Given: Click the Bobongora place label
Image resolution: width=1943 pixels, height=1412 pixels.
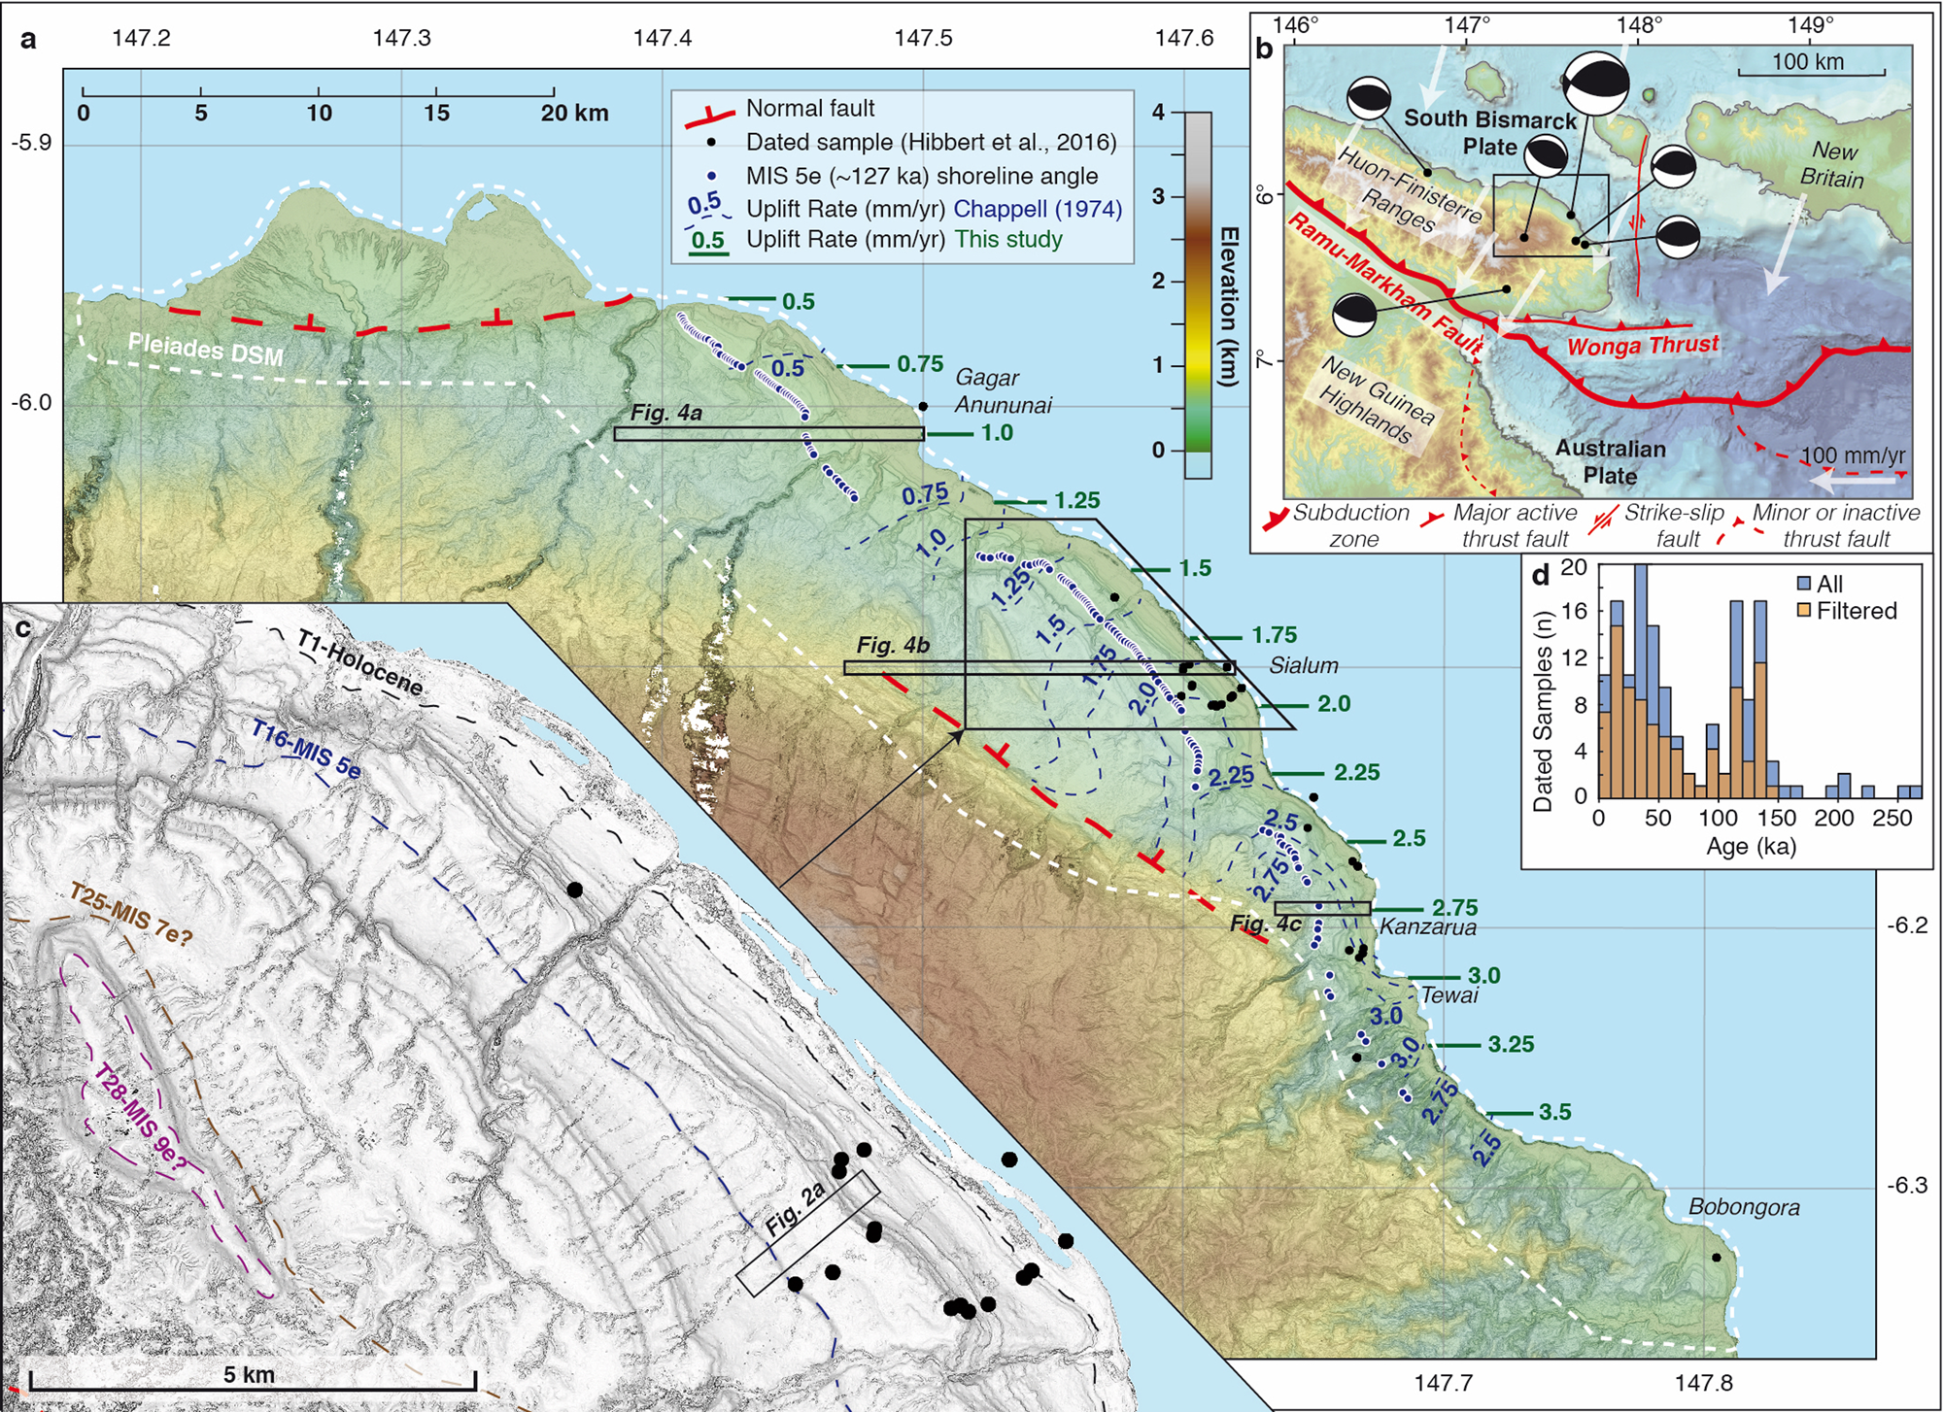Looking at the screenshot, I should (1744, 1207).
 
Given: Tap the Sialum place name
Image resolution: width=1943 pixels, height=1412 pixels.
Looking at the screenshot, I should (1303, 665).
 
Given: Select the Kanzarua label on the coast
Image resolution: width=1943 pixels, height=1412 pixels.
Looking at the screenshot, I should (1427, 926).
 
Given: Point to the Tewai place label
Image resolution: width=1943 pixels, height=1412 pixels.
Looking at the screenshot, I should (1449, 994).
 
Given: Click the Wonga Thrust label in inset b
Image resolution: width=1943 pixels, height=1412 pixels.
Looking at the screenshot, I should (1643, 345).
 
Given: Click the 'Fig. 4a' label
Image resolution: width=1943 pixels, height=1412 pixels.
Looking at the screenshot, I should (666, 413).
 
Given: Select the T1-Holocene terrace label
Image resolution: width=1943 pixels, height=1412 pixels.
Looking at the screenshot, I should (359, 664).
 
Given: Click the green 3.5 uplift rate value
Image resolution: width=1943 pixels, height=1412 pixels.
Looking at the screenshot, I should (1554, 1112).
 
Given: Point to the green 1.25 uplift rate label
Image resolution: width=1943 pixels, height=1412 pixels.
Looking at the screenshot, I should (1076, 501).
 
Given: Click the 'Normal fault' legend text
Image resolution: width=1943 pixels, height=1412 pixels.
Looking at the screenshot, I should (810, 109).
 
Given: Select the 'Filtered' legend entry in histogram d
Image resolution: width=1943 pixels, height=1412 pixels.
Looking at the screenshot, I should (1857, 611).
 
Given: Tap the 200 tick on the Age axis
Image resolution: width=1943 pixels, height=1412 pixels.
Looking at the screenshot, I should (1833, 819).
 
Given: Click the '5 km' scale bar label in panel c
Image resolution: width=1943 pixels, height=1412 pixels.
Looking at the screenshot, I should (249, 1374).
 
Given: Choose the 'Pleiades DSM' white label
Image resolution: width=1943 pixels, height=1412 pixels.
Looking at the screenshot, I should (206, 348).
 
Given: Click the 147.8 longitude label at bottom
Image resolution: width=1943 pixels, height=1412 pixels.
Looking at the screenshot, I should (1704, 1382).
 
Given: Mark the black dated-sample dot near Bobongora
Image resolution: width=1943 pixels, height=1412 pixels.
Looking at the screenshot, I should (1716, 1258).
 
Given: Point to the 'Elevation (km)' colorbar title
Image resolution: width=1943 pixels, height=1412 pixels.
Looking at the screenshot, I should (1229, 307).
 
